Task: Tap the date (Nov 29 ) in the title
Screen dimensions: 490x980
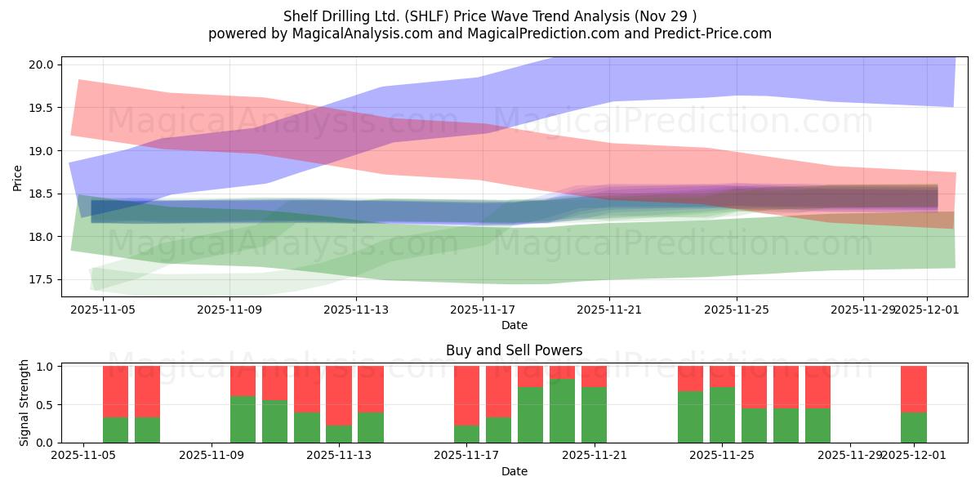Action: pyautogui.click(x=666, y=16)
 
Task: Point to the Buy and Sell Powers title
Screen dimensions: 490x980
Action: pyautogui.click(x=514, y=350)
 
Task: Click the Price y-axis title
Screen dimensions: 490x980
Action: pyautogui.click(x=18, y=177)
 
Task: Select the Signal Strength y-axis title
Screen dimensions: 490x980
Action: pyautogui.click(x=24, y=403)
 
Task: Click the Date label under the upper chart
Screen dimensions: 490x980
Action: pyautogui.click(x=514, y=325)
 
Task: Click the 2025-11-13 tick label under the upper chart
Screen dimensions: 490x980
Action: pyautogui.click(x=356, y=310)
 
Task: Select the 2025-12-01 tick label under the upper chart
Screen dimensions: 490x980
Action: pyautogui.click(x=929, y=310)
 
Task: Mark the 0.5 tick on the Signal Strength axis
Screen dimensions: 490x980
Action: pyautogui.click(x=46, y=404)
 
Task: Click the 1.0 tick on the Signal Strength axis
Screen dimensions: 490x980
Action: pyautogui.click(x=46, y=367)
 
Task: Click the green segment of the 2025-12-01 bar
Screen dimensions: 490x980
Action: pyautogui.click(x=913, y=427)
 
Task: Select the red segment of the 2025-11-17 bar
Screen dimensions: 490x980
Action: pyautogui.click(x=466, y=396)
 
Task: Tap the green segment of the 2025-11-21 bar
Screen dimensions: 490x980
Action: pyautogui.click(x=594, y=415)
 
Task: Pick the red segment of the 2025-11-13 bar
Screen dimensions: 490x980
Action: pyautogui.click(x=370, y=390)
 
